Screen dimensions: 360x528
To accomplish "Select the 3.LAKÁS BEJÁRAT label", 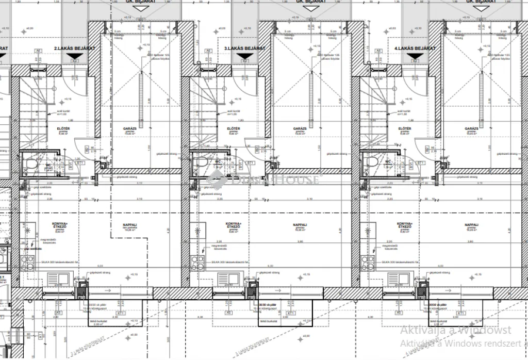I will (244, 48).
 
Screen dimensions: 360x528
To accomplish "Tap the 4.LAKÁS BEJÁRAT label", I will (415, 48).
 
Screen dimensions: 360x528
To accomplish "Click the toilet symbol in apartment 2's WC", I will (31, 164).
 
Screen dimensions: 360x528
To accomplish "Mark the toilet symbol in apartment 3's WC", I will (202, 164).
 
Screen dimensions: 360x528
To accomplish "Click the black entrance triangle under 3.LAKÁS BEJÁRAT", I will (244, 60).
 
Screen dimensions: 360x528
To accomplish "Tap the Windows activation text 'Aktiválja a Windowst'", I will (456, 330).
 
